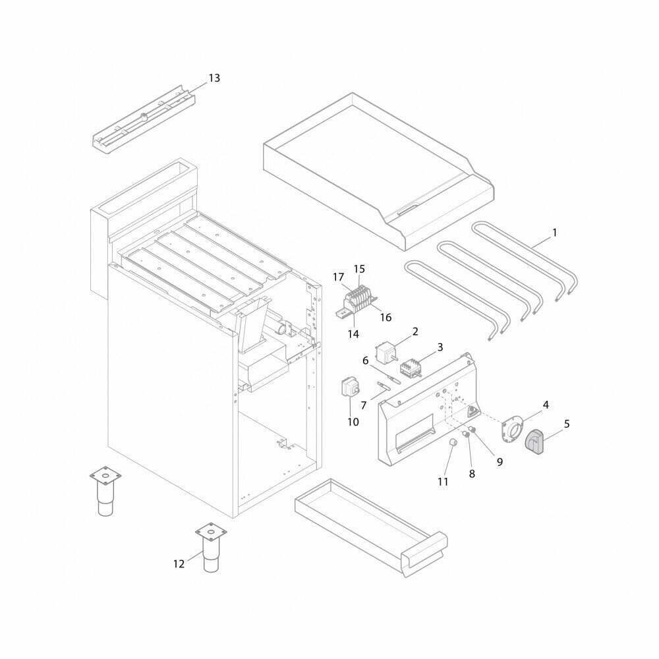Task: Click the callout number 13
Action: point(214,78)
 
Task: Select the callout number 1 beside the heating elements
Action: point(554,233)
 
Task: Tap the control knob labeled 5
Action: point(534,442)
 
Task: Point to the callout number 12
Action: point(179,563)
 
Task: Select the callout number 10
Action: point(353,422)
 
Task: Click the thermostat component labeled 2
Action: point(387,351)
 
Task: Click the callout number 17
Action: point(338,277)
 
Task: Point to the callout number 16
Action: point(386,318)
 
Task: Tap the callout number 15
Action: point(359,269)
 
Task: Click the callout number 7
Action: point(364,405)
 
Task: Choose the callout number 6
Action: point(365,360)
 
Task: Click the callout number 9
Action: point(500,462)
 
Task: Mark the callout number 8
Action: point(472,474)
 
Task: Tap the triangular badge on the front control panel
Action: point(472,411)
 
